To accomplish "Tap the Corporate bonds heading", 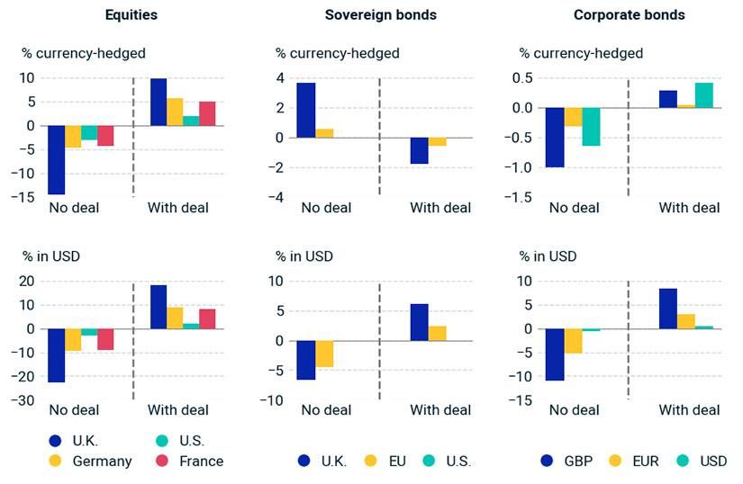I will [629, 15].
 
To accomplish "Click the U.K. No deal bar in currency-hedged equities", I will [57, 159].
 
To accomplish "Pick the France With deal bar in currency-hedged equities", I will [207, 113].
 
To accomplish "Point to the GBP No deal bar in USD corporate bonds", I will [555, 354].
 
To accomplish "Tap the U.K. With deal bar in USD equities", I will [158, 307].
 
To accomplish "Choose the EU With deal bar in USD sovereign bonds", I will [437, 333].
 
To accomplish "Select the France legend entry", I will [191, 461].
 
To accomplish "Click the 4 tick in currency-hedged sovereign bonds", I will [281, 78].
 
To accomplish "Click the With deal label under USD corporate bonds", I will [689, 410].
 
